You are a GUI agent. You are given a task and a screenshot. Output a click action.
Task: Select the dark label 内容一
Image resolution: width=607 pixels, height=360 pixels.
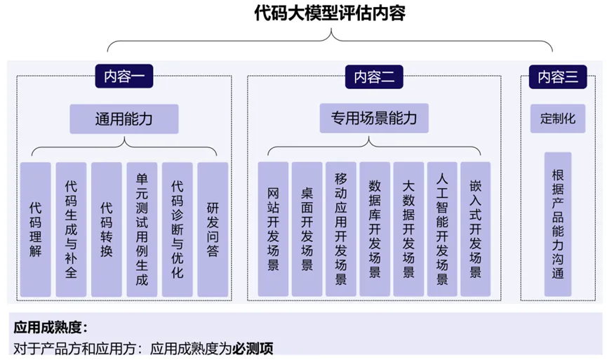click(124, 76)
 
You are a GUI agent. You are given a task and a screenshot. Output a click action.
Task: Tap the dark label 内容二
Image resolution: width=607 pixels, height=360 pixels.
click(374, 76)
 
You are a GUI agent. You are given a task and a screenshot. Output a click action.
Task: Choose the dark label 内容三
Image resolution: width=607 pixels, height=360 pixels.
click(558, 76)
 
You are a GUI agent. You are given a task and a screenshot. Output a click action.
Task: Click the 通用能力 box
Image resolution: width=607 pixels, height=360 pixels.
click(124, 119)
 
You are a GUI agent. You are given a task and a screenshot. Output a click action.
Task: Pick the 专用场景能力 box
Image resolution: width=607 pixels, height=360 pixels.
click(374, 119)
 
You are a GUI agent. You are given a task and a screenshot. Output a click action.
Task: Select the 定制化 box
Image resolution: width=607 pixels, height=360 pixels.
click(558, 119)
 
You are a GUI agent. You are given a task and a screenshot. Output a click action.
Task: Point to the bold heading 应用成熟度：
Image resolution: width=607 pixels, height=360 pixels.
click(49, 326)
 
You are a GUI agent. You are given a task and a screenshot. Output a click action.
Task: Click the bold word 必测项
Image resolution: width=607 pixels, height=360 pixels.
click(253, 347)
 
